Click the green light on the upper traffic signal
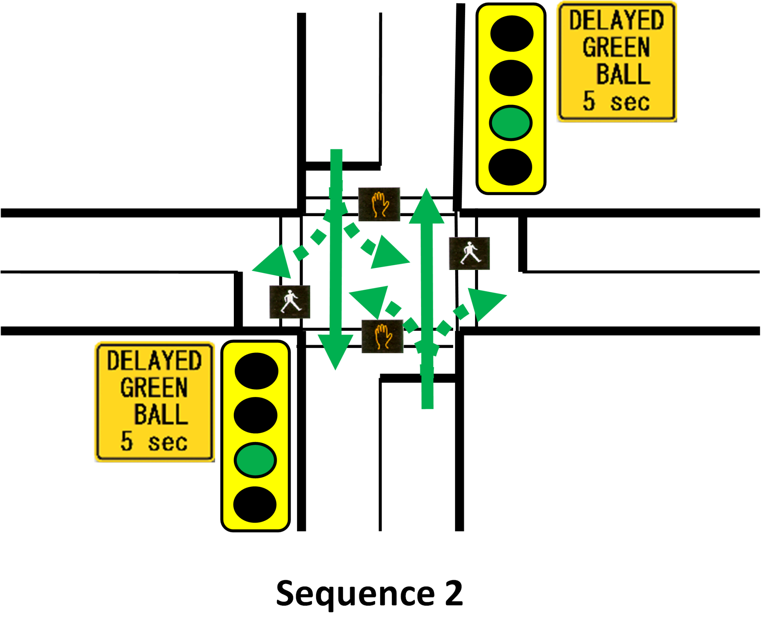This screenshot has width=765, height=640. point(511,123)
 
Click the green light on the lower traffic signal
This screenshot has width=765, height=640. point(255,460)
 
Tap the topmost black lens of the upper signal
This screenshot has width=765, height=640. point(512,34)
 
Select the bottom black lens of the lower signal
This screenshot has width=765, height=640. point(255,504)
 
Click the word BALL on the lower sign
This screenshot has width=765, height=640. point(161,414)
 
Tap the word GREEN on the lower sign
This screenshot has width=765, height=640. point(154,387)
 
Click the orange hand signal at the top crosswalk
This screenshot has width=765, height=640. point(379,204)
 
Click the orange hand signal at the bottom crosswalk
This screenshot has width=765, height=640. point(382,336)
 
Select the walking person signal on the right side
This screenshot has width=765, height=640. point(469,253)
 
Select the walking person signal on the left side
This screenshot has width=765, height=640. point(290,302)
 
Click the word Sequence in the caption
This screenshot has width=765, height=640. point(355,594)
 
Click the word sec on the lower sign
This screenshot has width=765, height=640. point(168,443)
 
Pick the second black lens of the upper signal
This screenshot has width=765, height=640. point(511,78)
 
